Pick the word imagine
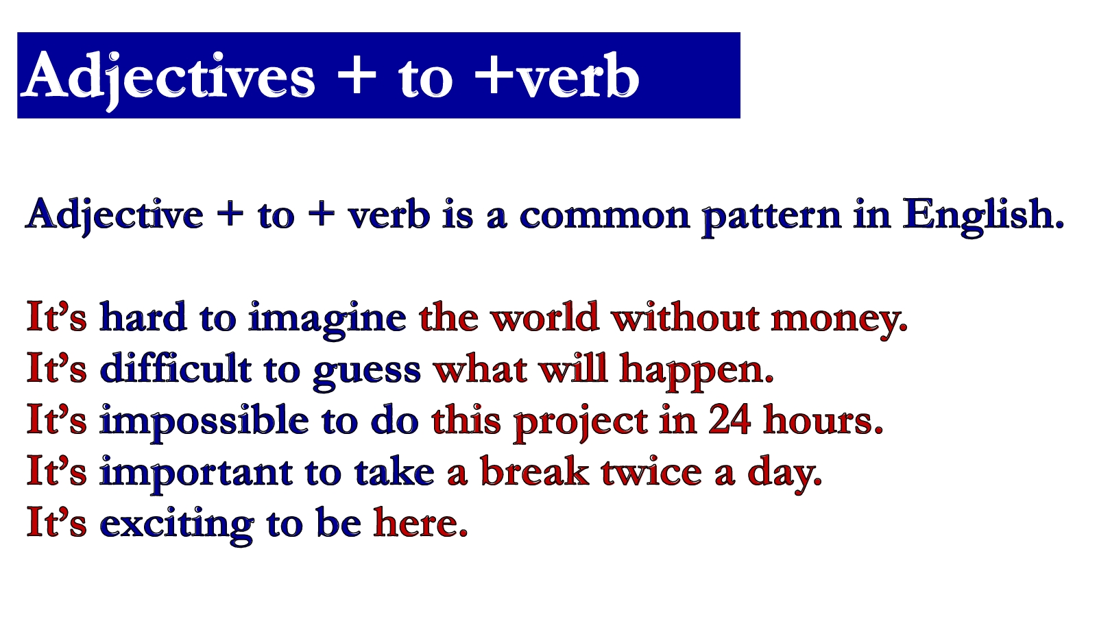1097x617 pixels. point(327,319)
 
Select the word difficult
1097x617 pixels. point(176,367)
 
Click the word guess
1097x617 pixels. point(367,374)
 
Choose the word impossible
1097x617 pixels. point(204,422)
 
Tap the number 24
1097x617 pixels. point(730,420)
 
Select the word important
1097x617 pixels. point(196,474)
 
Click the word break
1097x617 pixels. point(535,471)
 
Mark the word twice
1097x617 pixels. point(651,472)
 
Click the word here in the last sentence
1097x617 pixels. point(421,523)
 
